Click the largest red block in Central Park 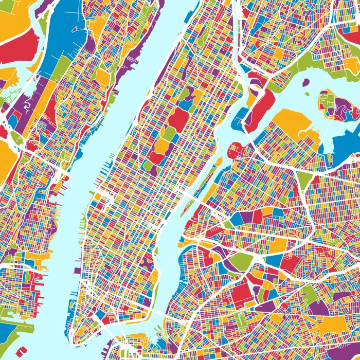178,119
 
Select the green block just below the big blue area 62,69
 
